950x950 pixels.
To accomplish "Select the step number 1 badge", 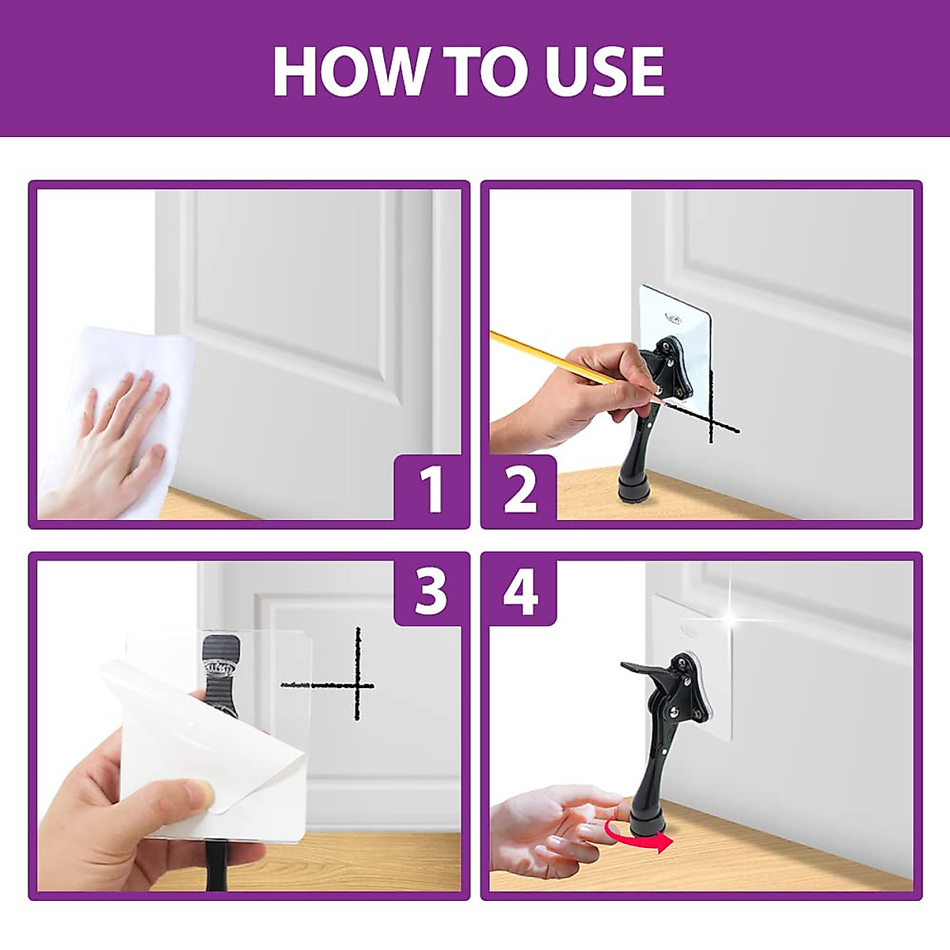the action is (428, 491).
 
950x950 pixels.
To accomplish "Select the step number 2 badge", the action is (521, 491).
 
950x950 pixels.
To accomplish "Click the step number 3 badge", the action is (428, 591).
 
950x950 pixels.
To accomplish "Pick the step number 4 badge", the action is (521, 591).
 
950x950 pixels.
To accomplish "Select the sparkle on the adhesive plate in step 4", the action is (735, 619).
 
